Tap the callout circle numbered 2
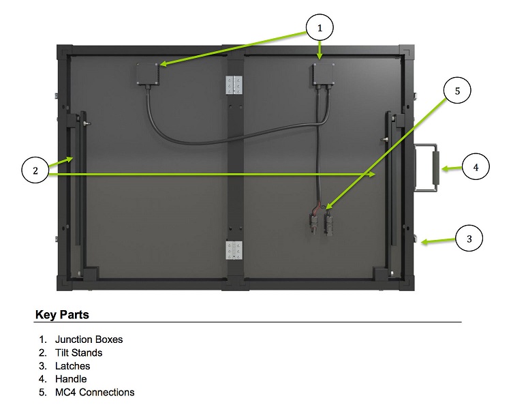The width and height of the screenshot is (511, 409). pyautogui.click(x=35, y=170)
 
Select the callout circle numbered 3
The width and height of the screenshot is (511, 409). pyautogui.click(x=469, y=239)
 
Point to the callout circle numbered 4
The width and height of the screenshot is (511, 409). pyautogui.click(x=476, y=167)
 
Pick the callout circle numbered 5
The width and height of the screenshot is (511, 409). pyautogui.click(x=457, y=90)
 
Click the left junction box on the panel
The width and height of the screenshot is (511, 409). pyautogui.click(x=147, y=74)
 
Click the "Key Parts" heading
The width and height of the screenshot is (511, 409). pyautogui.click(x=61, y=316)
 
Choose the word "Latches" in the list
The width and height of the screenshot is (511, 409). pyautogui.click(x=72, y=366)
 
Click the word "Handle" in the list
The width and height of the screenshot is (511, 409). pyautogui.click(x=71, y=379)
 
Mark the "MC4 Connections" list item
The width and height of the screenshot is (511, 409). pyautogui.click(x=95, y=393)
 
